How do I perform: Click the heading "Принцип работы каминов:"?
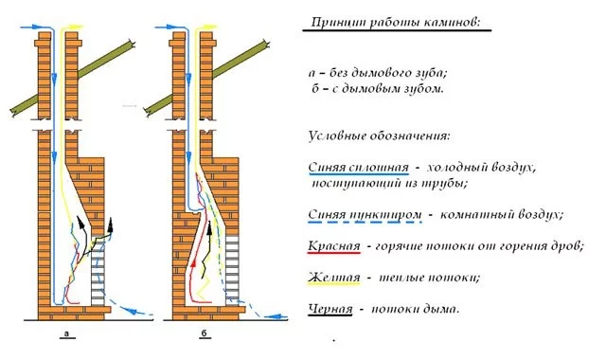click(396, 23)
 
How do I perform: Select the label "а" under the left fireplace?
click(67, 333)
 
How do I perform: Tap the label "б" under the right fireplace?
click(205, 333)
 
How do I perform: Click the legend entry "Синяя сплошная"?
click(358, 168)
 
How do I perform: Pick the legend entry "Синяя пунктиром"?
click(365, 215)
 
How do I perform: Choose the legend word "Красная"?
click(334, 246)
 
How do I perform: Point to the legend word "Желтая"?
click(334, 278)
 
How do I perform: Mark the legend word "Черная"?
click(330, 309)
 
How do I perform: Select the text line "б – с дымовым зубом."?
click(378, 88)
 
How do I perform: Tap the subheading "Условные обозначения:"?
click(379, 136)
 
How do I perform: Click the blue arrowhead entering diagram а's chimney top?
click(36, 27)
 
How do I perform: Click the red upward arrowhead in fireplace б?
click(194, 263)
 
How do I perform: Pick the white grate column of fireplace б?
click(232, 268)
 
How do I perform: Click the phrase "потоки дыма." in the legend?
click(416, 309)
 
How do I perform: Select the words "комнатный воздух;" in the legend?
click(501, 215)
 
